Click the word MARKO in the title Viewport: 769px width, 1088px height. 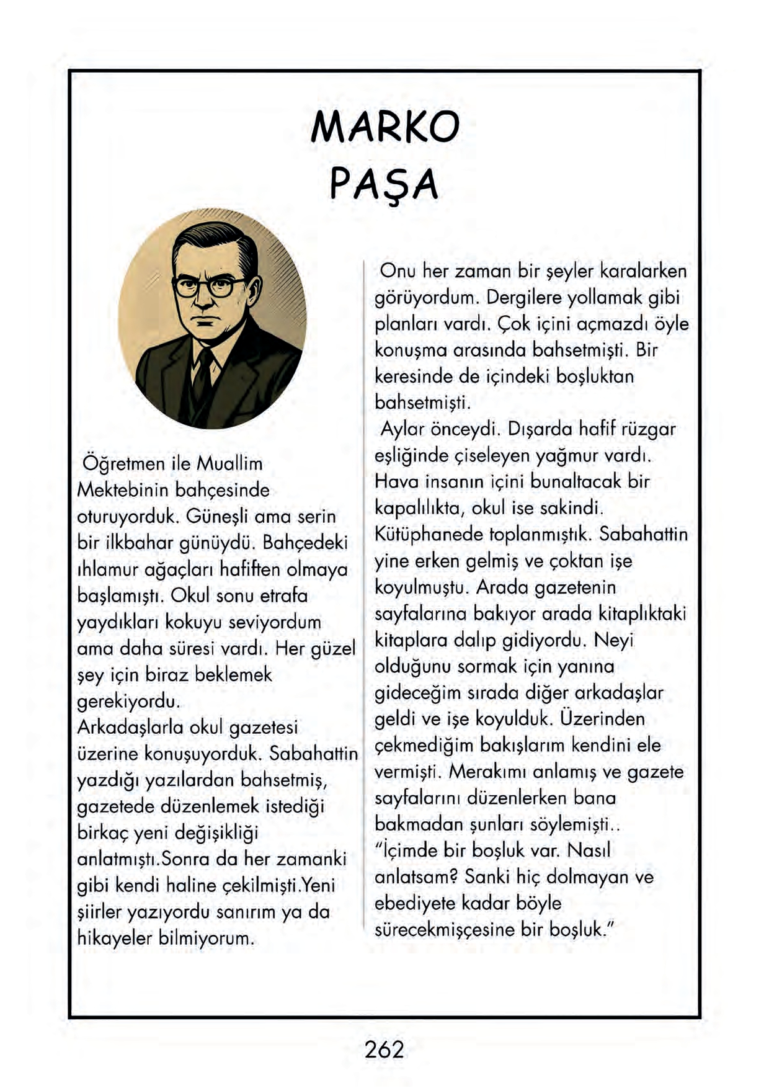[x=384, y=127]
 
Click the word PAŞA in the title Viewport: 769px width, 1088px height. [x=384, y=184]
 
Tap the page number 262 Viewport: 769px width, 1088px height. [x=384, y=1050]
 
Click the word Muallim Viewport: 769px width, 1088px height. [x=229, y=464]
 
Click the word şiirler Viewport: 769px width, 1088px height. [x=99, y=912]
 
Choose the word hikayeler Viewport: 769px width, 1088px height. [x=115, y=939]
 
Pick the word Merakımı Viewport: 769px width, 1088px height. [x=487, y=772]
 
